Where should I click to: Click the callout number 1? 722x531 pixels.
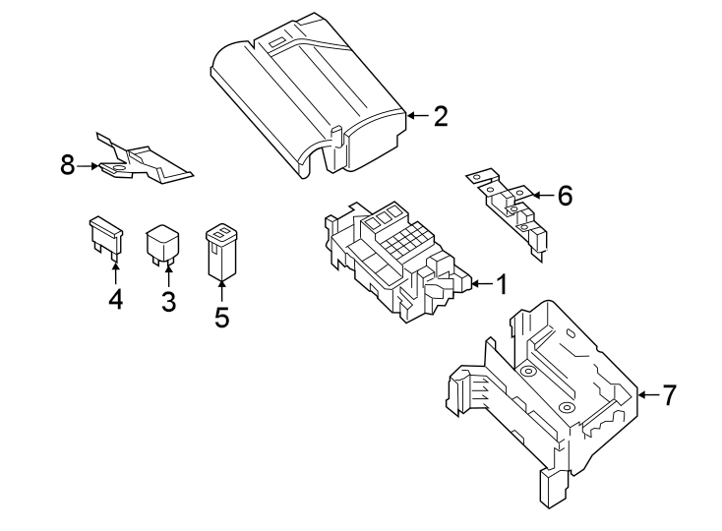pos(501,285)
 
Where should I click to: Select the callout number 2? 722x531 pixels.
pos(440,116)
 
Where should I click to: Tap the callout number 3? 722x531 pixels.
pos(168,301)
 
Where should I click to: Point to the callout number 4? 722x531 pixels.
pos(116,299)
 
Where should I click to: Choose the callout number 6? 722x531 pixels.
pos(564,196)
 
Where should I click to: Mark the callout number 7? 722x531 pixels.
pos(669,395)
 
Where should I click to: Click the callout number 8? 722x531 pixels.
pos(68,165)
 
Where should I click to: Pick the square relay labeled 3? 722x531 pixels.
pos(162,244)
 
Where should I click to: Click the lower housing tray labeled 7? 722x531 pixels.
pos(541,393)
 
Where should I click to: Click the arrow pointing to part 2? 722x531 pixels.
pos(417,116)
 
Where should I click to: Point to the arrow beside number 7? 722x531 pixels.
pos(646,395)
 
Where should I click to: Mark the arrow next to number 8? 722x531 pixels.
pos(89,166)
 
